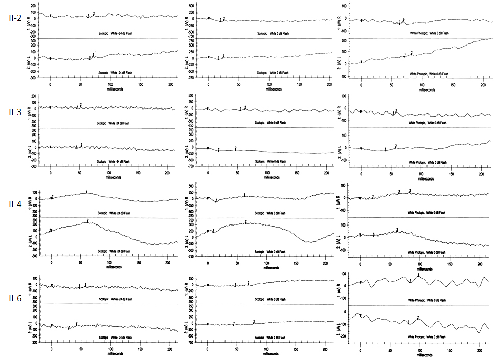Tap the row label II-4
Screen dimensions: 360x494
[16, 204]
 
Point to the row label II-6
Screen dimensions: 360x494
[16, 298]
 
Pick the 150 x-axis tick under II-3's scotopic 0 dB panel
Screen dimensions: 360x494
[298, 173]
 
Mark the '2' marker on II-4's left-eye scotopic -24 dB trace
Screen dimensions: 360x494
[88, 220]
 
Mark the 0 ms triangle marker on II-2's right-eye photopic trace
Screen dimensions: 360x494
[362, 20]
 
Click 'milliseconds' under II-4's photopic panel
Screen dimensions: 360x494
[424, 269]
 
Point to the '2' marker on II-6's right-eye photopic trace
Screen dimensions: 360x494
[418, 274]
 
